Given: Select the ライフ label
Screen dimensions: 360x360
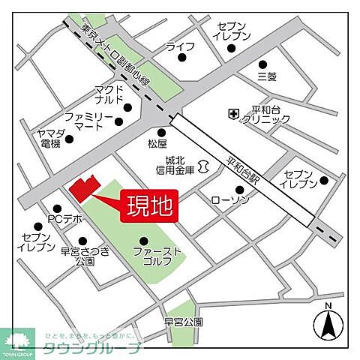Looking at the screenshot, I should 180,46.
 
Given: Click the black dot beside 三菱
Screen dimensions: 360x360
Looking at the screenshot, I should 262,64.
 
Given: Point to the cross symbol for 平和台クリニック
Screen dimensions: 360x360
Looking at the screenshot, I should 234,114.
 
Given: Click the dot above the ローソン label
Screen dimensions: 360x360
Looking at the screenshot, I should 239,189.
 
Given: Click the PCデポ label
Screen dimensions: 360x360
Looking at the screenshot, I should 63,219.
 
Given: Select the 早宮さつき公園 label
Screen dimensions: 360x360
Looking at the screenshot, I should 85,256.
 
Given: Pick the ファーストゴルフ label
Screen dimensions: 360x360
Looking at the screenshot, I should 157,256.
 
